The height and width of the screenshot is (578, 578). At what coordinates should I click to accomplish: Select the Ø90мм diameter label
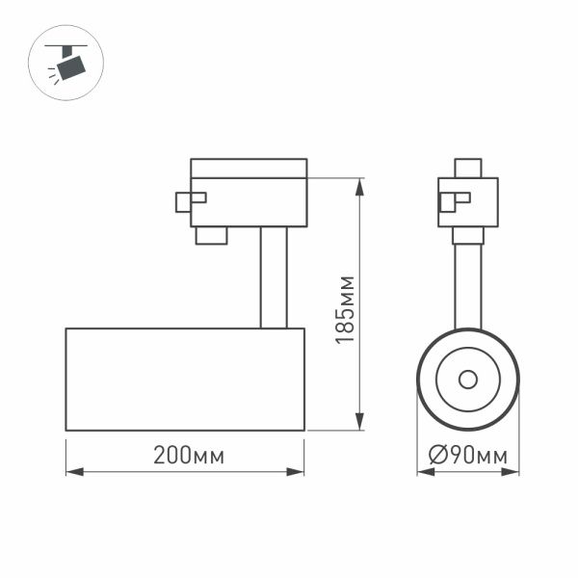click(x=468, y=456)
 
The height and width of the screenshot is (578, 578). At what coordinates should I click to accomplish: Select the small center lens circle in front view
click(x=468, y=379)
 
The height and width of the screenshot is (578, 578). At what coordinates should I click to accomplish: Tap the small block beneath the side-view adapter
click(x=211, y=235)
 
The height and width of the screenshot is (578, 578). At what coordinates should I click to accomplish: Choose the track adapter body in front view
click(x=468, y=202)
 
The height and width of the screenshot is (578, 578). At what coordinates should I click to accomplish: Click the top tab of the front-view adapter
click(x=468, y=169)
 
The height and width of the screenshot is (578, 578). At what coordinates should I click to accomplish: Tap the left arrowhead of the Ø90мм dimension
click(x=424, y=472)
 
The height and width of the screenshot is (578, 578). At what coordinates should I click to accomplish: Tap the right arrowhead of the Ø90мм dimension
click(x=512, y=472)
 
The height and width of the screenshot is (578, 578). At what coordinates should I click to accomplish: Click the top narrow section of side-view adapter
click(x=249, y=168)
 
